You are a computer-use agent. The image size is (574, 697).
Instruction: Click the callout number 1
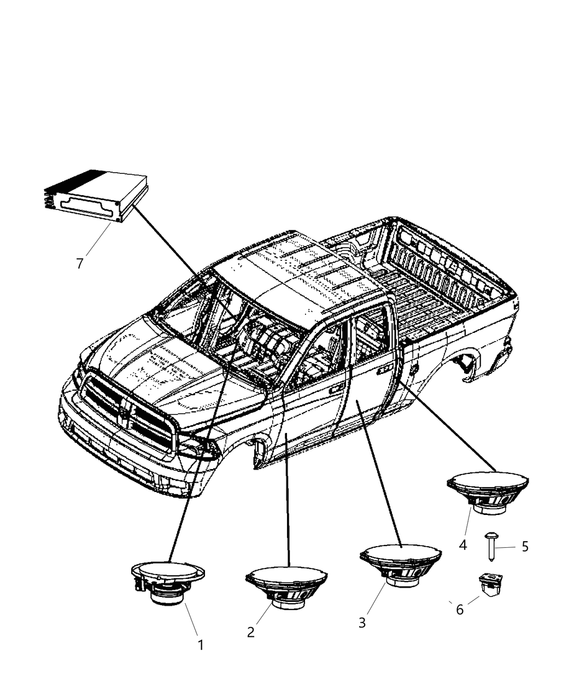(201, 645)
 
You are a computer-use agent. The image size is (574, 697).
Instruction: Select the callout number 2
(251, 632)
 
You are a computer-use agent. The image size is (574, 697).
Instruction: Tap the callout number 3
(362, 623)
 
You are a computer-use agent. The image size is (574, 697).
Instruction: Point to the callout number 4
(463, 545)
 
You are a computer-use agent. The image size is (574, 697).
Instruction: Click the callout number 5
(525, 547)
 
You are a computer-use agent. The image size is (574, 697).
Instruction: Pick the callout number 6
(460, 610)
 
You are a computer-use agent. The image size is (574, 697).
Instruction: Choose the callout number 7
(80, 263)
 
